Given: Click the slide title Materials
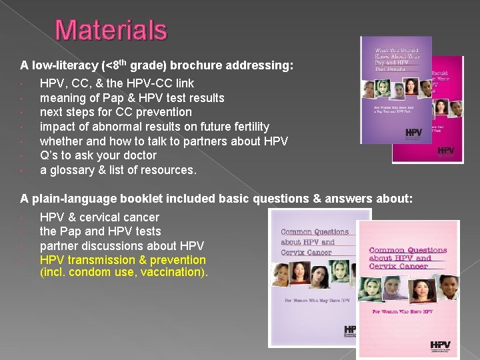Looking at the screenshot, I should pyautogui.click(x=111, y=30).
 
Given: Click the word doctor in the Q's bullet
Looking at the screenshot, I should pyautogui.click(x=137, y=155).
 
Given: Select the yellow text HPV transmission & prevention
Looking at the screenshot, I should pyautogui.click(x=123, y=260).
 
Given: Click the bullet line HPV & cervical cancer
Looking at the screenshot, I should pyautogui.click(x=99, y=217).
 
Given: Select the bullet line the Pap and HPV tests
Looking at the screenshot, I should pyautogui.click(x=100, y=231).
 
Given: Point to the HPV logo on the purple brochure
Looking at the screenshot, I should pyautogui.click(x=413, y=133).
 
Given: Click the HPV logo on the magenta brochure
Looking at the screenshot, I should pyautogui.click(x=445, y=151).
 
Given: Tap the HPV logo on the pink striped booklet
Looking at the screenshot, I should pyautogui.click(x=439, y=346).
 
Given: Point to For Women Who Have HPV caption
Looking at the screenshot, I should pyautogui.click(x=403, y=311).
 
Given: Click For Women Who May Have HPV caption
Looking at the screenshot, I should pyautogui.click(x=317, y=301).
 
